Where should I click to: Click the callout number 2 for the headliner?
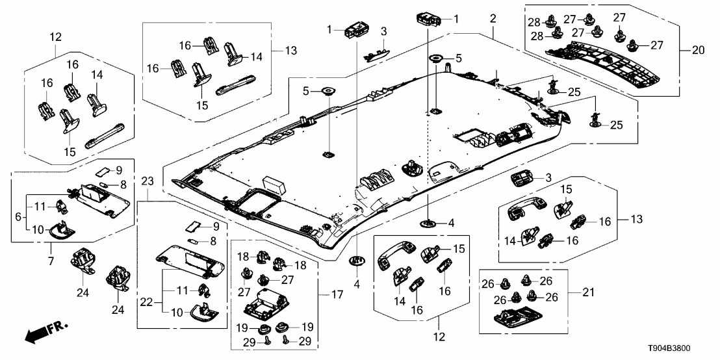pos(493,18)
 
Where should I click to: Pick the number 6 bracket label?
pos(18,215)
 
